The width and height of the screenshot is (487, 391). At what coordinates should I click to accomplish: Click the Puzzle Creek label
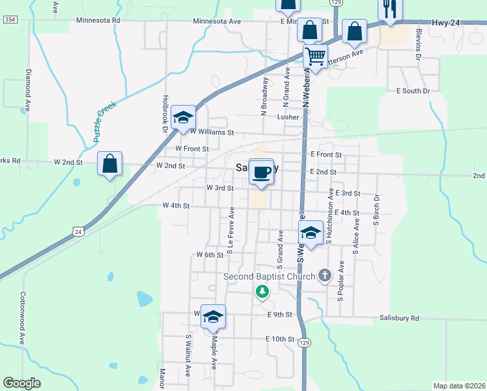click(x=104, y=122)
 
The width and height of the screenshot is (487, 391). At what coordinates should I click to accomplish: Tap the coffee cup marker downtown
click(x=262, y=172)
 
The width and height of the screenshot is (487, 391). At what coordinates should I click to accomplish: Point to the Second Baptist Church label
click(x=270, y=276)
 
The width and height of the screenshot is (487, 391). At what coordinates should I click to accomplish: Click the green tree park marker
click(x=262, y=292)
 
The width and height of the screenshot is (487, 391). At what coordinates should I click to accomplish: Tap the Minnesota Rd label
click(x=98, y=20)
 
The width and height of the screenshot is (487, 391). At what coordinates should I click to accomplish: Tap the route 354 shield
click(x=10, y=20)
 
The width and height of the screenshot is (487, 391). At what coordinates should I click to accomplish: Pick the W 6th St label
click(x=210, y=255)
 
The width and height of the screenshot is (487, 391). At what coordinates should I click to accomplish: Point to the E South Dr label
click(x=413, y=91)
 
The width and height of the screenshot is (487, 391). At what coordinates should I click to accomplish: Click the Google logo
click(x=21, y=383)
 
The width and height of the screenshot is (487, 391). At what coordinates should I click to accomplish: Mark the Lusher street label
click(x=288, y=117)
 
